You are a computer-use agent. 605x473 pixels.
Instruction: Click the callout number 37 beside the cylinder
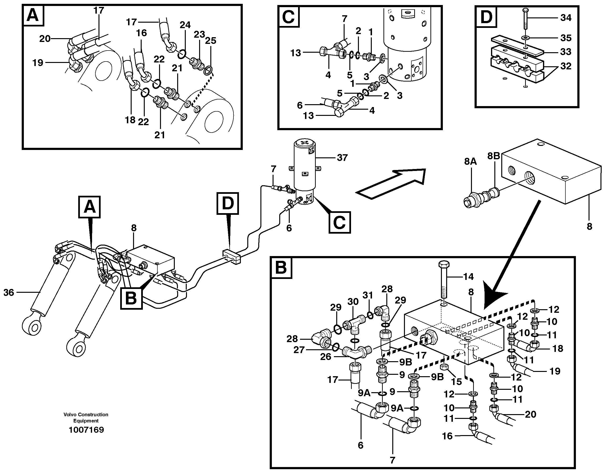click(342, 158)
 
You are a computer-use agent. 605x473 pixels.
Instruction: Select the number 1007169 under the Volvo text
click(86, 430)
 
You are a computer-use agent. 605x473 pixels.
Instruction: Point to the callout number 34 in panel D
click(566, 18)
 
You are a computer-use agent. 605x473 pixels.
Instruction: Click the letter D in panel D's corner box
click(486, 17)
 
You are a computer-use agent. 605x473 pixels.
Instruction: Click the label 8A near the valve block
click(470, 161)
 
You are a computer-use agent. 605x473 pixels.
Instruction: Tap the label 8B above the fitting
click(494, 156)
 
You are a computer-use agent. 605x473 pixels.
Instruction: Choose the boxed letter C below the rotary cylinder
click(340, 222)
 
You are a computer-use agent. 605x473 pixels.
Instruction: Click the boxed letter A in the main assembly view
click(89, 207)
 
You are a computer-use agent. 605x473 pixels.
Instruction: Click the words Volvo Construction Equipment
click(86, 417)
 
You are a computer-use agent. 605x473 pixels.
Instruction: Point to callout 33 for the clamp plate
click(566, 52)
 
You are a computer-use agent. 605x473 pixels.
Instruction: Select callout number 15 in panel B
click(456, 382)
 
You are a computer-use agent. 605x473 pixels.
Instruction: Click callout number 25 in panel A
click(211, 41)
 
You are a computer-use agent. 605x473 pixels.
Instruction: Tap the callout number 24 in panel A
click(185, 25)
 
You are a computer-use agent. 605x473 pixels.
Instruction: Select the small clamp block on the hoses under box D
click(231, 257)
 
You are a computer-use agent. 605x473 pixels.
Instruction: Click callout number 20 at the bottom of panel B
click(531, 414)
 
